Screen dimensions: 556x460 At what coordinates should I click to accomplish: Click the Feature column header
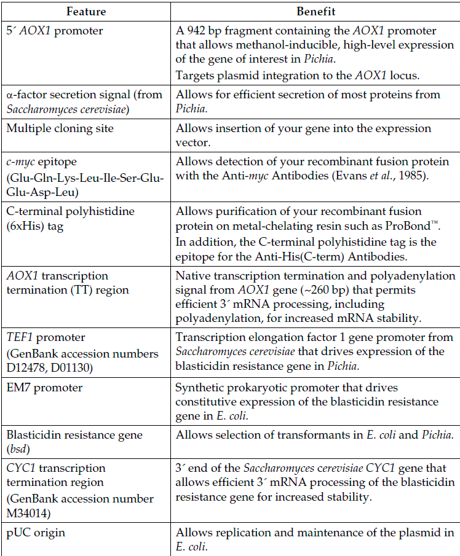[85, 12]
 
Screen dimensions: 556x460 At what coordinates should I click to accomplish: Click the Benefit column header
[315, 12]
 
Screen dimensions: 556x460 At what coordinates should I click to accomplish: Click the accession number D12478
[29, 366]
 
